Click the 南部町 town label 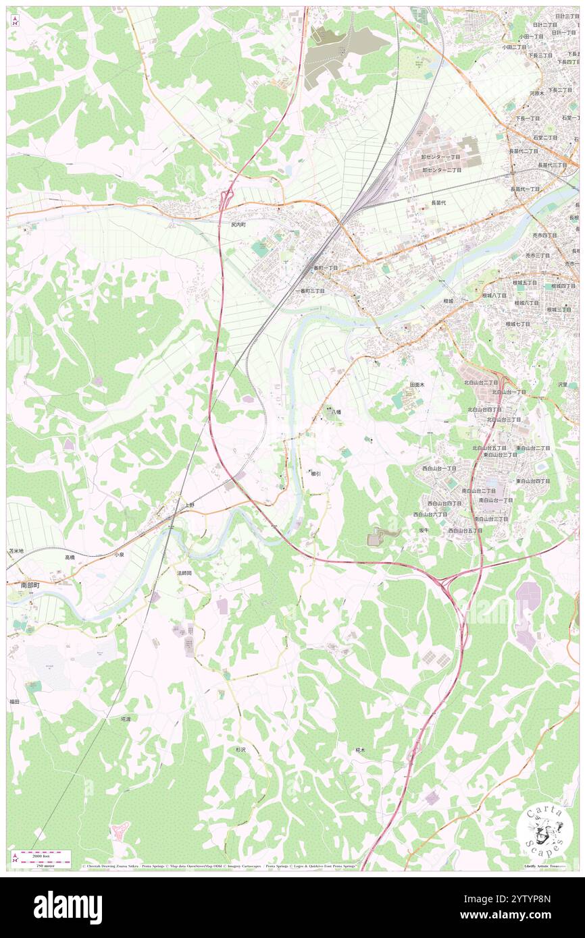(30, 585)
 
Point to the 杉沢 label (240, 749)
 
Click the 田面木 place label (417, 384)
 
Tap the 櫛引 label (315, 474)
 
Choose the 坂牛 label (423, 530)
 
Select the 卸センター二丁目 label (442, 170)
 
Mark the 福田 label (14, 702)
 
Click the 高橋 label (70, 557)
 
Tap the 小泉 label (119, 554)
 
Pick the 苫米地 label (16, 551)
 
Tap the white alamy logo (68, 908)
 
